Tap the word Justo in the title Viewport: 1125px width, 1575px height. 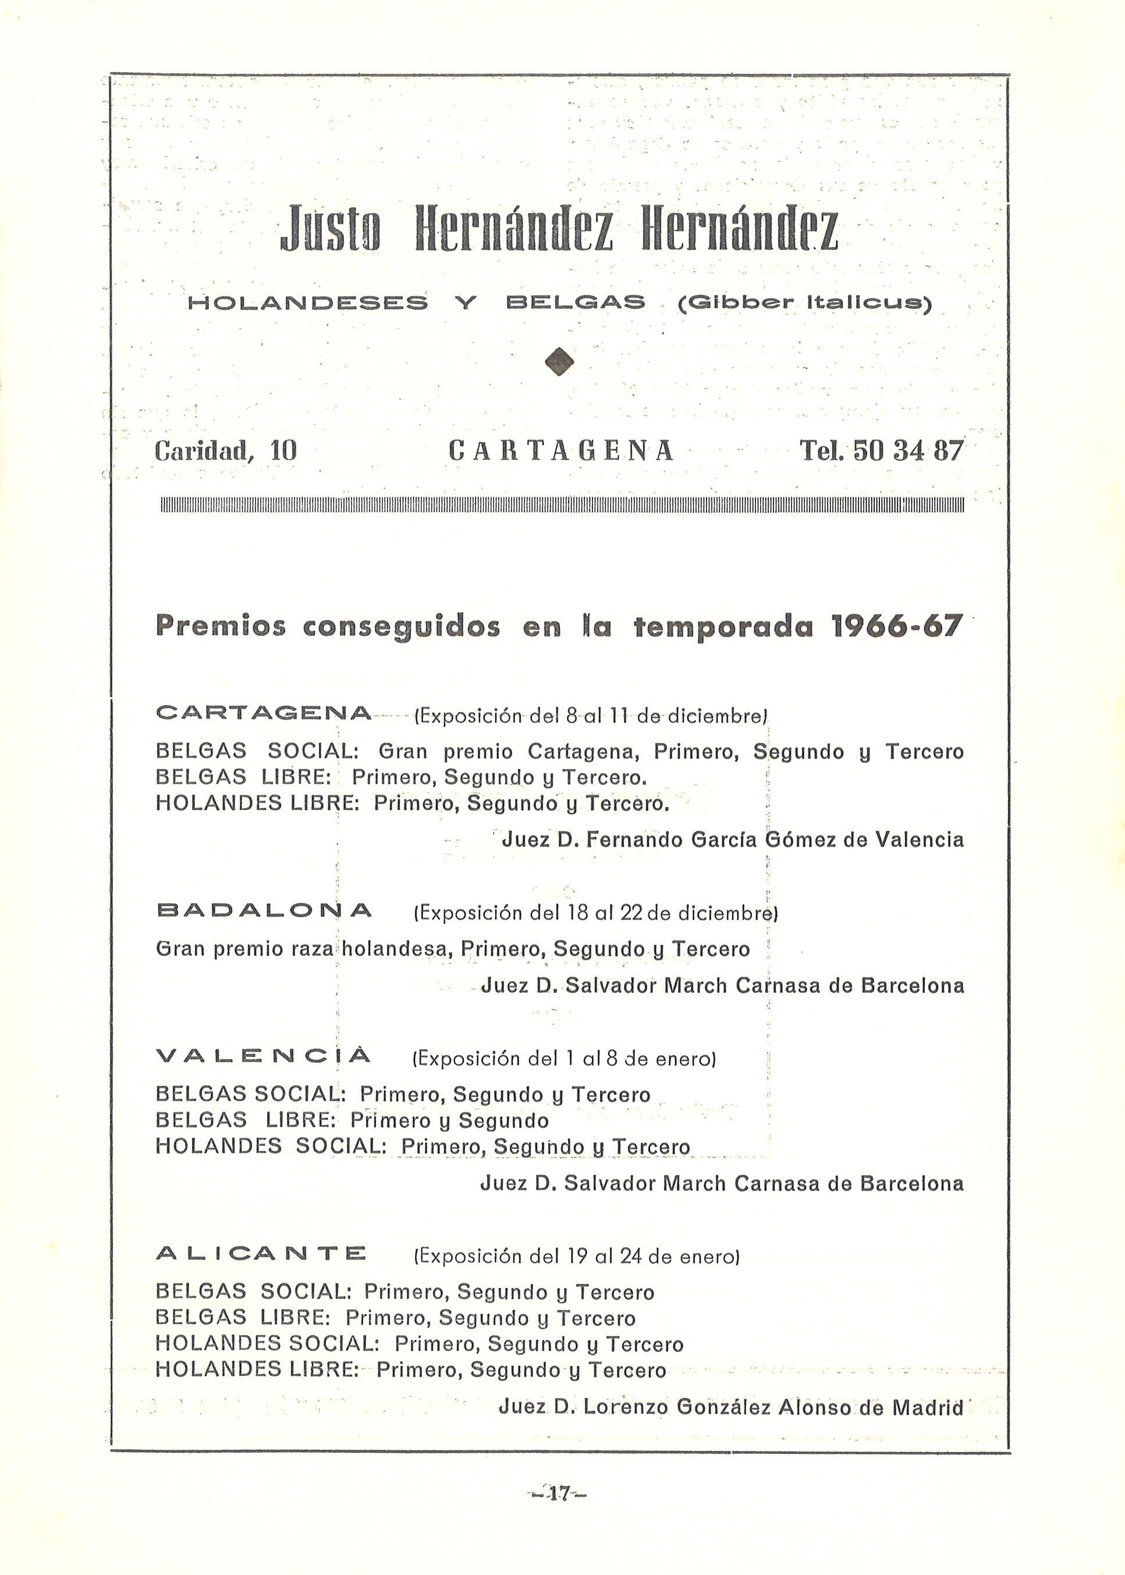click(331, 229)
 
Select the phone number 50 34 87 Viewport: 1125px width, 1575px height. click(907, 451)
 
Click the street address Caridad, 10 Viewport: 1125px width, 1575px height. click(226, 452)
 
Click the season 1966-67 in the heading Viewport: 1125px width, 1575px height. click(896, 627)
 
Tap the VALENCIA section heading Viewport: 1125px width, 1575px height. click(264, 1056)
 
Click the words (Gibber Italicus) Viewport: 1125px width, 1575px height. click(804, 303)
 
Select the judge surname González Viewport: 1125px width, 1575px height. click(723, 1407)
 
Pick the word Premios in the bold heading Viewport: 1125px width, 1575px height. click(221, 627)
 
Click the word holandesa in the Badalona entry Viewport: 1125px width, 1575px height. click(395, 948)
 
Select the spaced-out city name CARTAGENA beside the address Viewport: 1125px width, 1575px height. click(560, 451)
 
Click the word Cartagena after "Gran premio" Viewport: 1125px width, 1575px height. click(584, 752)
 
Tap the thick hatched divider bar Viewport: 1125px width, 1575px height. click(562, 504)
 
